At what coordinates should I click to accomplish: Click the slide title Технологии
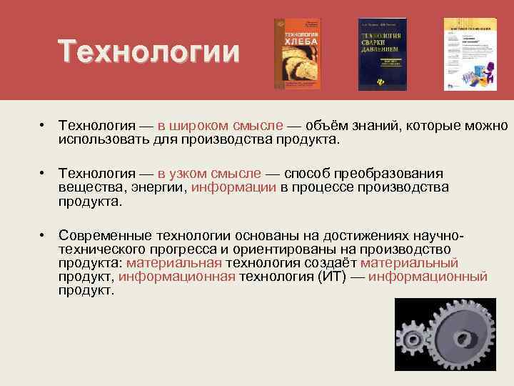pos(149,53)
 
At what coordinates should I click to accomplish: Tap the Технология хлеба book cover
pos(297,54)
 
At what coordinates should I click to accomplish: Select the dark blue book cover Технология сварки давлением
pos(382,54)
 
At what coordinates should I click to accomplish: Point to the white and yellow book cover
pos(470,54)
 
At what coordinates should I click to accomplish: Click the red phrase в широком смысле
pos(221,127)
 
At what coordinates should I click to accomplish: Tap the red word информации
pos(233,187)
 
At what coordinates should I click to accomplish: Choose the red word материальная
pos(174,262)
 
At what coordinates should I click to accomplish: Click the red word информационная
pos(176,276)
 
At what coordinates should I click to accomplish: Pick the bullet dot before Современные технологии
pos(44,235)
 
